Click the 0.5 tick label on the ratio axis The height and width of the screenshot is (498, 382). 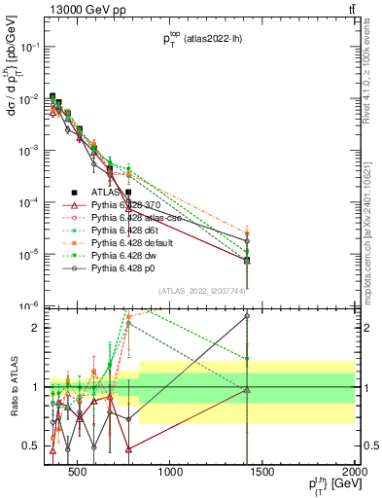[x=31, y=446]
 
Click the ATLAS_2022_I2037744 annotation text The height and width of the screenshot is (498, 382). [x=203, y=291]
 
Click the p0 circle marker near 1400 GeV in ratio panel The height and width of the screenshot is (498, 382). [x=247, y=316]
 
